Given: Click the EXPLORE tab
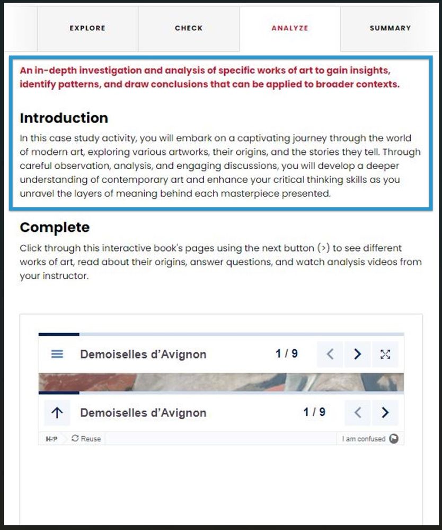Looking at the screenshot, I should point(87,28).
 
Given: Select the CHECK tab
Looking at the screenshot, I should point(189,28).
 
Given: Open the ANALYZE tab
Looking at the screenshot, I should point(289,28).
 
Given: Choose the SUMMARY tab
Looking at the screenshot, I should point(390,28).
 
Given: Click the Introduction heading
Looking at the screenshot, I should point(64,118).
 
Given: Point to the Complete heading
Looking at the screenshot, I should point(55,228).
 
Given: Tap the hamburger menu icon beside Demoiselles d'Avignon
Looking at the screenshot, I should point(57,354).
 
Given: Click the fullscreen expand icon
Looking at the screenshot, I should point(385,354).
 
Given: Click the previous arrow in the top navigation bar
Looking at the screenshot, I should point(330,354).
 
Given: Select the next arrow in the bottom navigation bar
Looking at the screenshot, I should point(385,413).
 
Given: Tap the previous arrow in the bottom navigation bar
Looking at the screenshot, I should point(358,413).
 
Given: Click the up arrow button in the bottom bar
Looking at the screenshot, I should point(57,413).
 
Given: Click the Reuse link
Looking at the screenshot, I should point(86,439).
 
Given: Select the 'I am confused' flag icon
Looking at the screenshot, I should point(393,439).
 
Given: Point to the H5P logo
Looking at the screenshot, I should point(52,439).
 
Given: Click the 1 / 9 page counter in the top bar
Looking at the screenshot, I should point(287,353).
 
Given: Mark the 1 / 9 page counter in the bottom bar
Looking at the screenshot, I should point(314,412).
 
